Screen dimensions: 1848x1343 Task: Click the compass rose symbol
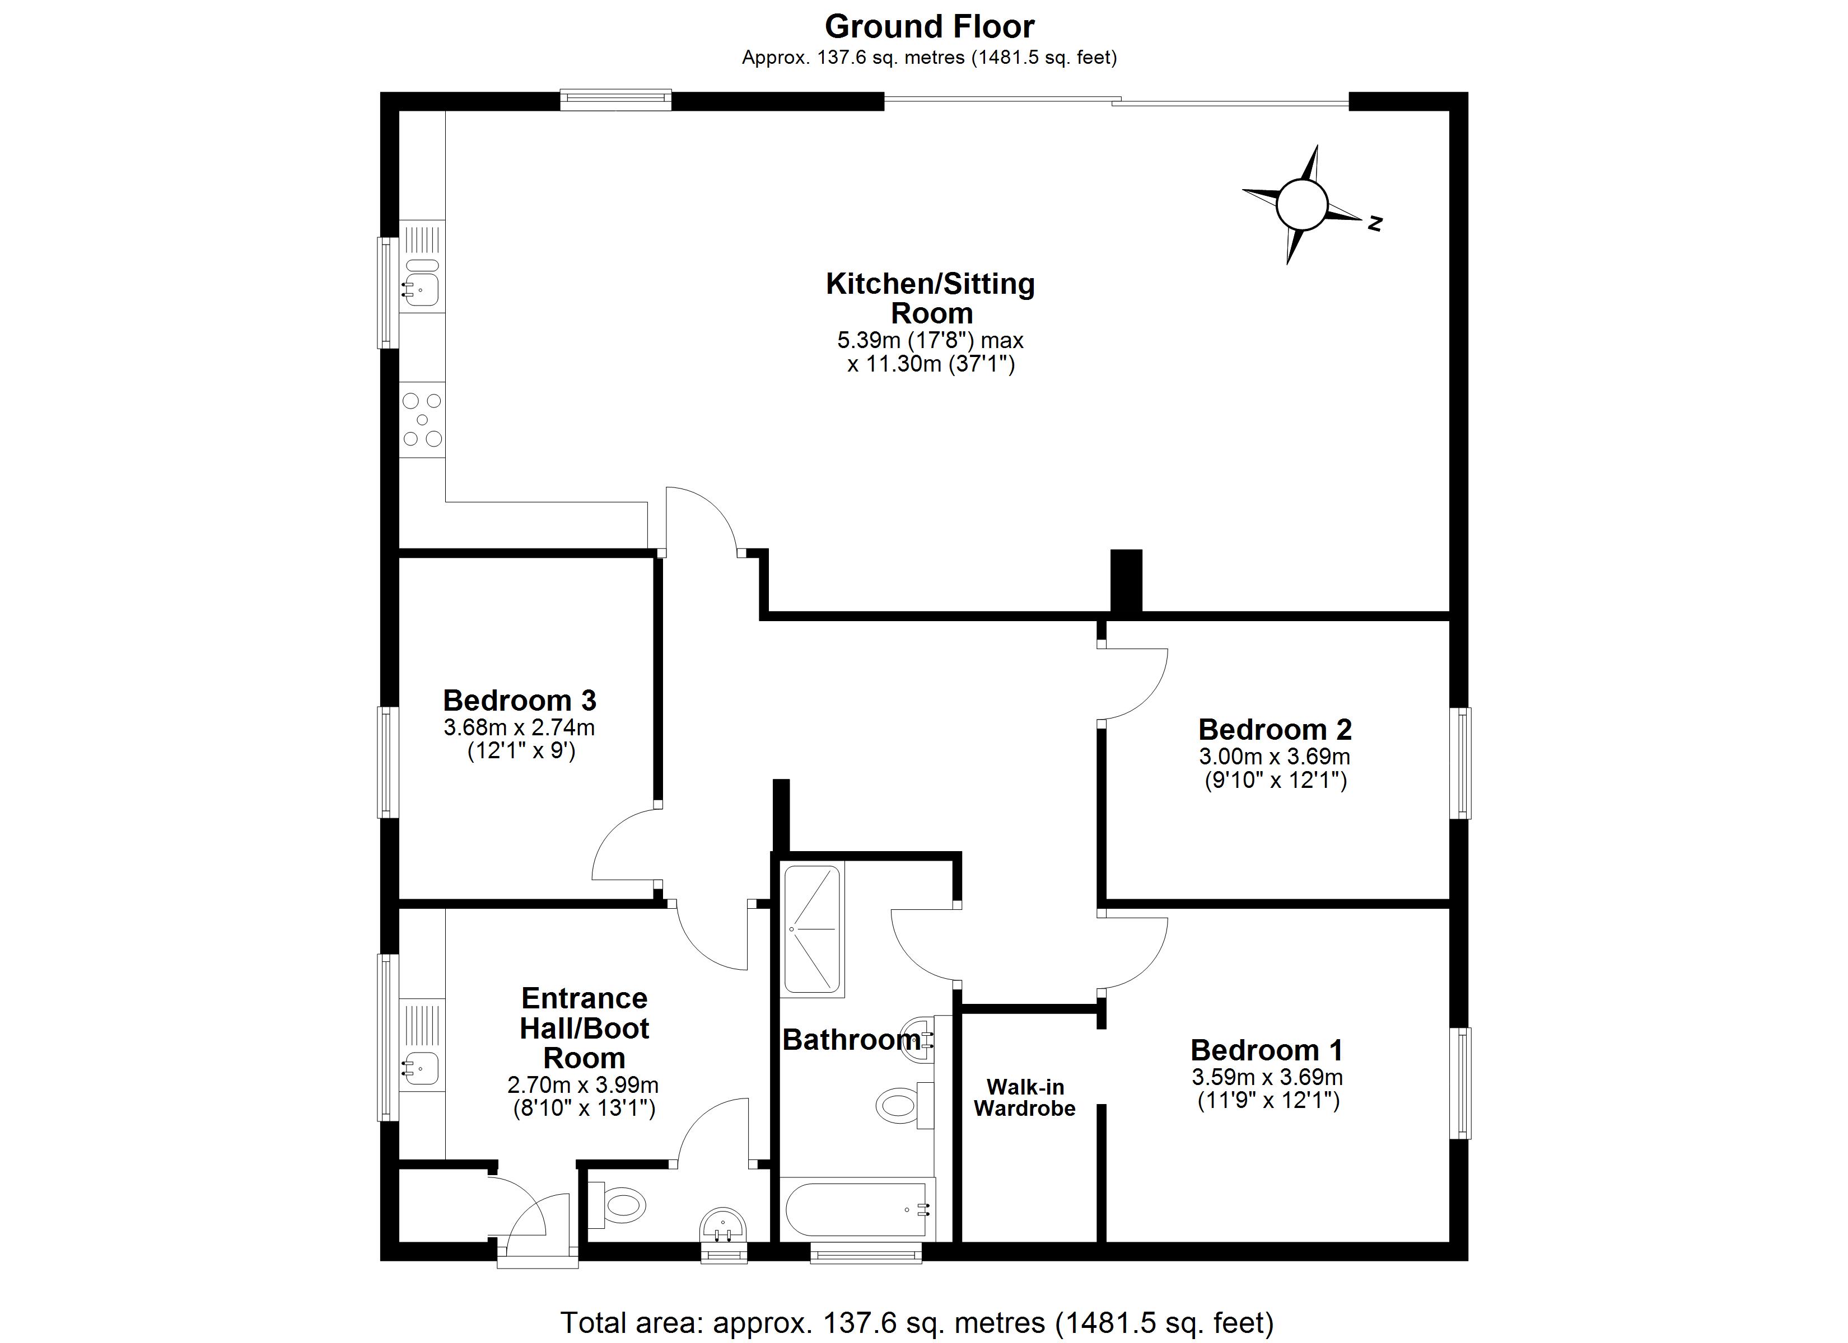point(1301,205)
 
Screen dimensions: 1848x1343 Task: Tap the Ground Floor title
point(929,27)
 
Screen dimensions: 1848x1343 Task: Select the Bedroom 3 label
point(520,701)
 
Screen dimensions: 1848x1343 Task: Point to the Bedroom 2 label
point(1275,729)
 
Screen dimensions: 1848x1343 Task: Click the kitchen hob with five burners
point(423,420)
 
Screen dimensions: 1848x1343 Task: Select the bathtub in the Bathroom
point(857,1209)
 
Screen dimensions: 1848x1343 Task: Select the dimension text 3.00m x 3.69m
point(1275,757)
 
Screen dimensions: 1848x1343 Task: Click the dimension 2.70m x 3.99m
point(584,1085)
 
